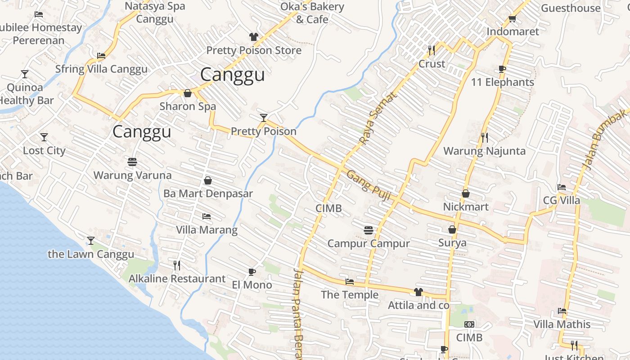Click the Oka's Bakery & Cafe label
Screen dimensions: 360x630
point(312,13)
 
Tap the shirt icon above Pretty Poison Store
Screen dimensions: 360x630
point(254,37)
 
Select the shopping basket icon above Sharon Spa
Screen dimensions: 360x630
point(188,93)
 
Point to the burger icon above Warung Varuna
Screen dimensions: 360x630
point(132,162)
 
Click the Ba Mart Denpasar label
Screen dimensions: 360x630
point(208,193)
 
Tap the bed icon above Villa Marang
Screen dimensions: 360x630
point(207,216)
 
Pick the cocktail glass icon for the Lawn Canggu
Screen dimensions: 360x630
point(91,241)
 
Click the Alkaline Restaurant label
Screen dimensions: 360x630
point(177,279)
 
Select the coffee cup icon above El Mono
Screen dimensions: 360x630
point(252,272)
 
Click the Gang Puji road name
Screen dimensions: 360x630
point(368,182)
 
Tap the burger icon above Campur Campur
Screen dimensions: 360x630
point(369,230)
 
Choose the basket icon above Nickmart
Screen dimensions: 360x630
point(466,193)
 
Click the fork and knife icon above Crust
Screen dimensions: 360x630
point(432,50)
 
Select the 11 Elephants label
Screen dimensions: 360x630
point(502,82)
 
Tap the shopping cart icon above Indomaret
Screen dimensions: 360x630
point(512,19)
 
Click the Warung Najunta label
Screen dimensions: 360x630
point(484,151)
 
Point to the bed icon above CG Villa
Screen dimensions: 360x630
point(562,187)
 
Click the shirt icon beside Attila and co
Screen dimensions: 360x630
point(418,292)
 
